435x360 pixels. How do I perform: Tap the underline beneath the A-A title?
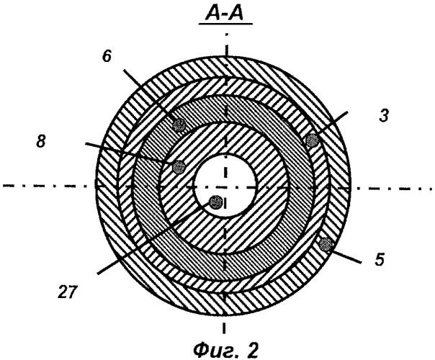point(225,24)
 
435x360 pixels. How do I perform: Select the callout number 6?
point(107,56)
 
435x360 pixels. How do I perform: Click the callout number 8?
point(41,141)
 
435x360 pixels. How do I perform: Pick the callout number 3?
point(384,116)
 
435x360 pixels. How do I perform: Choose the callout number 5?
point(380,260)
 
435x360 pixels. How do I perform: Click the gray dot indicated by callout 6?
point(179,125)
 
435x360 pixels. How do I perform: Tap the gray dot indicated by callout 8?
point(179,167)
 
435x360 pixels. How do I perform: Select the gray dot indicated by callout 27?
point(215,202)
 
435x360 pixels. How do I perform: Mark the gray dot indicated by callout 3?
point(313,140)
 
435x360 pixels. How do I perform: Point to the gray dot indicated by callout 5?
point(325,245)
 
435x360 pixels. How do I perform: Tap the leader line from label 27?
point(153,238)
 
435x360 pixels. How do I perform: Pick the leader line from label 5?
point(346,256)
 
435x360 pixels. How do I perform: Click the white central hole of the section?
point(225,185)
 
